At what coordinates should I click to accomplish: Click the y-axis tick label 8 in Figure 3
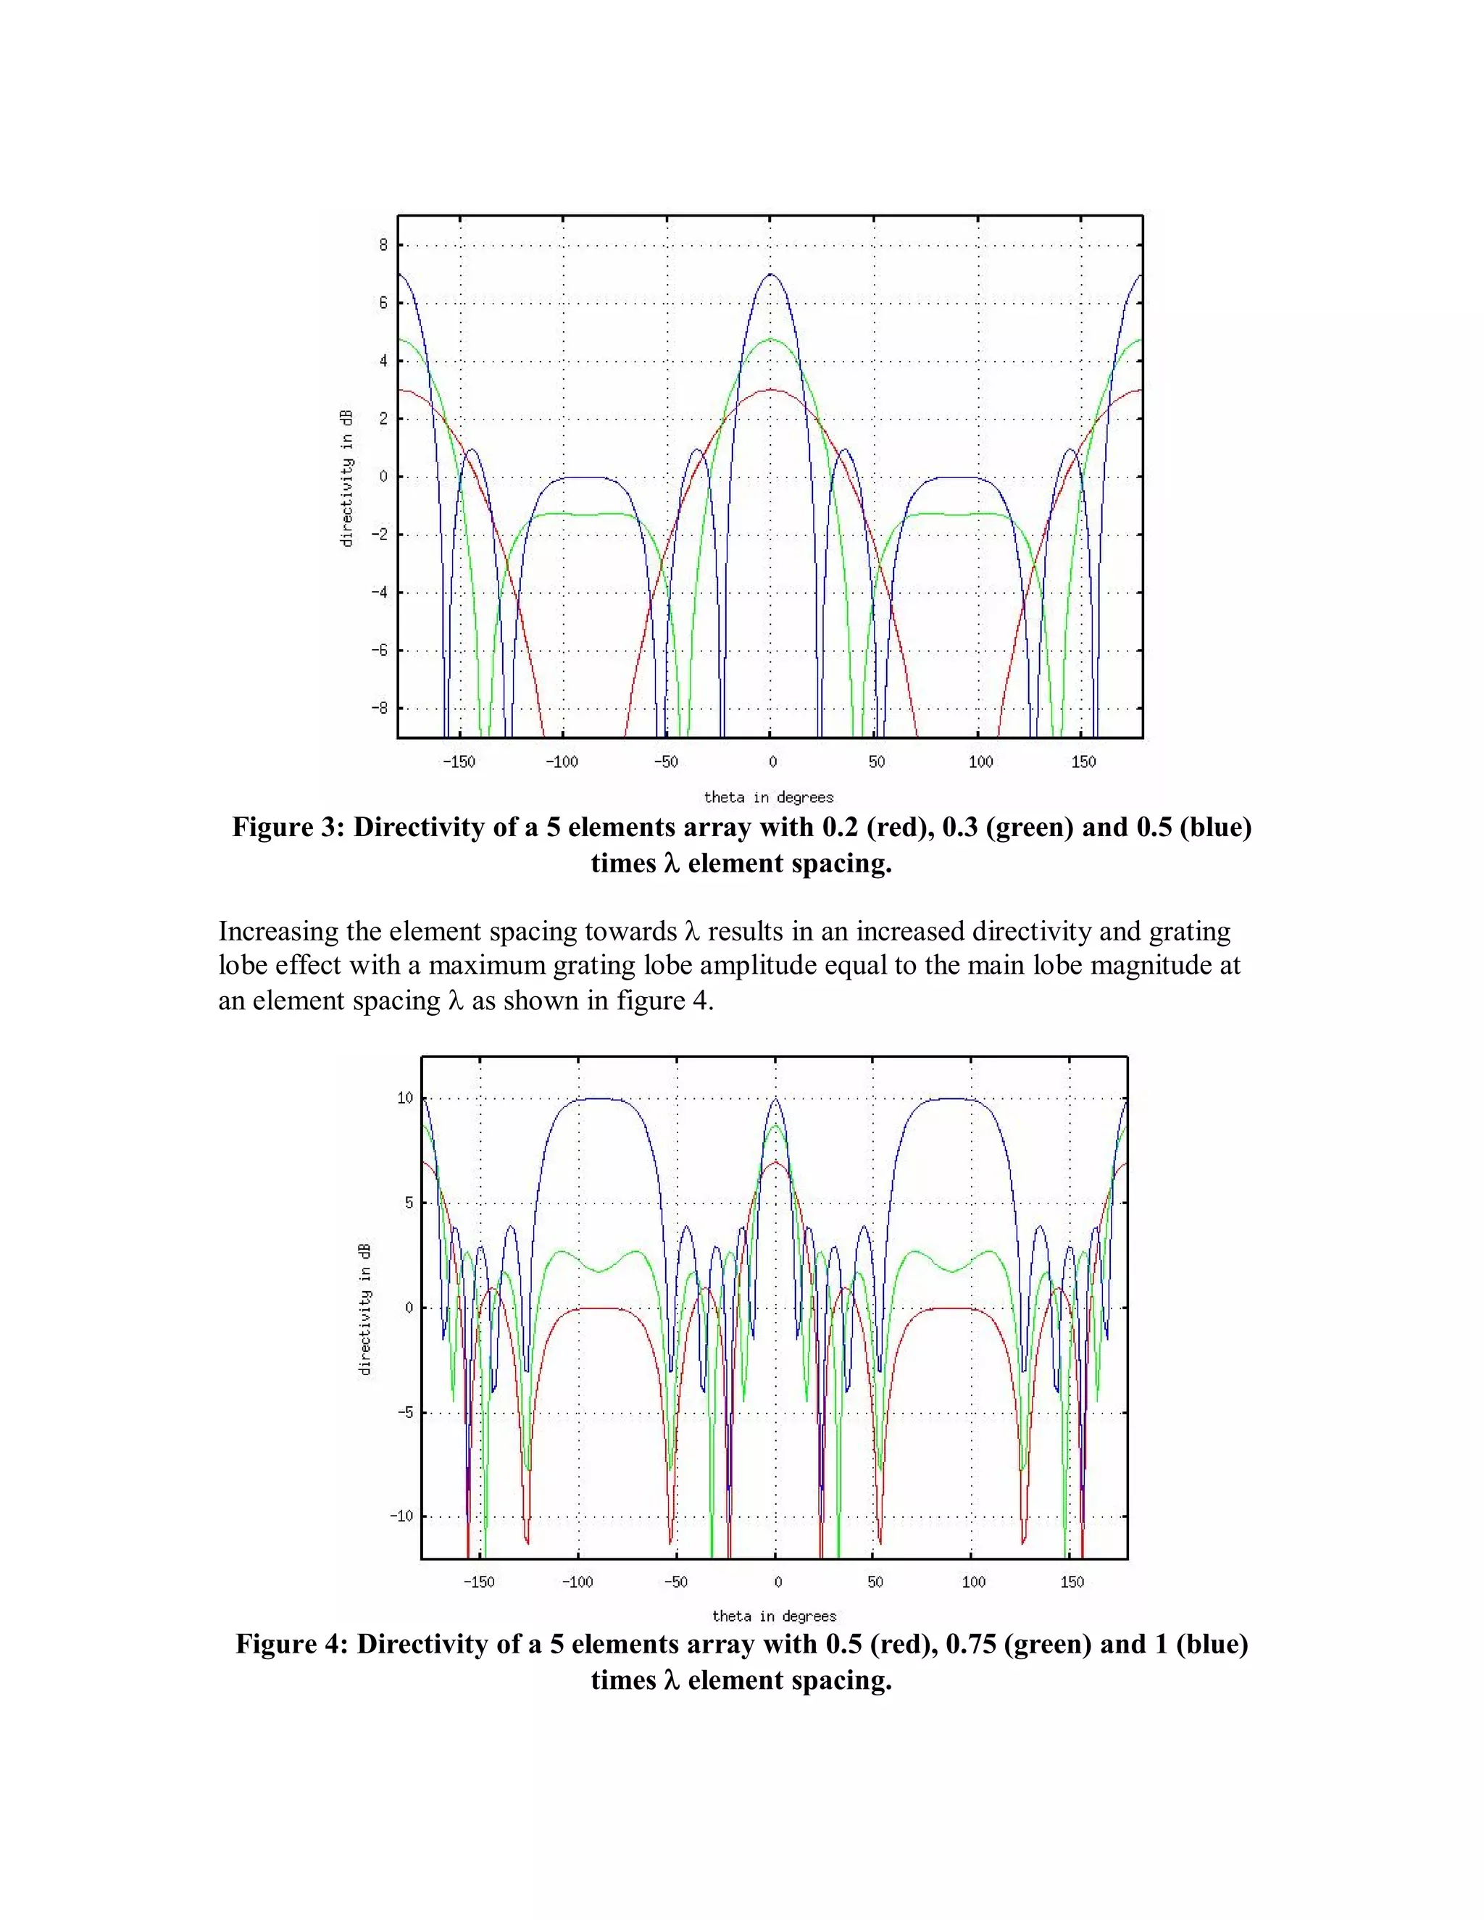[x=383, y=246]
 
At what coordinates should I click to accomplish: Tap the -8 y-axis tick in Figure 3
[x=379, y=709]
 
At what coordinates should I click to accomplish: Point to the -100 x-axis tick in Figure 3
[x=561, y=762]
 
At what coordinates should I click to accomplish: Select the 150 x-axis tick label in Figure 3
[x=1083, y=762]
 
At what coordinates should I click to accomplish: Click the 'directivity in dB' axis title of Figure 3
[x=346, y=478]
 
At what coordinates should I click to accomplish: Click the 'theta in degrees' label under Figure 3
[x=768, y=798]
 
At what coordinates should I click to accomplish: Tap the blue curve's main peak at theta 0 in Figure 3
[x=771, y=275]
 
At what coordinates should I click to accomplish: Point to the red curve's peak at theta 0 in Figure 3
[x=771, y=390]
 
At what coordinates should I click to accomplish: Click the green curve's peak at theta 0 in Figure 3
[x=771, y=339]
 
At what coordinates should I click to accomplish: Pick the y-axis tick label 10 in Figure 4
[x=404, y=1098]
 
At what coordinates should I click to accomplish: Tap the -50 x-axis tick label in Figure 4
[x=675, y=1582]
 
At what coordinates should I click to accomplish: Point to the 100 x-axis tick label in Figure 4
[x=972, y=1582]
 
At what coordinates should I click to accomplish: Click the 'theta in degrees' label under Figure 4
[x=774, y=1616]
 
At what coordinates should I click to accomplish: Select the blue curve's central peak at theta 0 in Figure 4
[x=775, y=1099]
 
